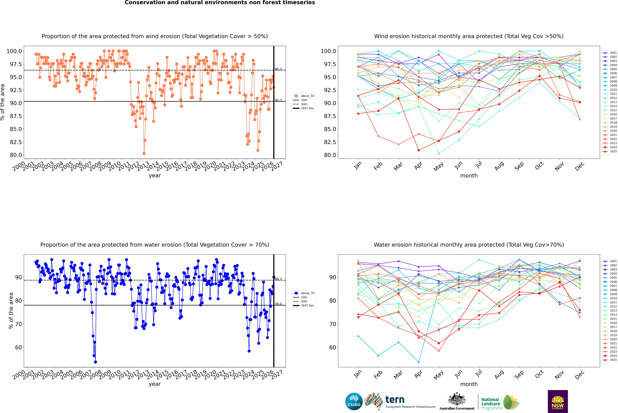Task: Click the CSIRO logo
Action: [354, 401]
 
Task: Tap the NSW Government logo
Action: [558, 401]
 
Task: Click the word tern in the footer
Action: [395, 400]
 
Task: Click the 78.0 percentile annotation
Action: [278, 304]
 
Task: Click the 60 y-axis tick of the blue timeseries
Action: [18, 347]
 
